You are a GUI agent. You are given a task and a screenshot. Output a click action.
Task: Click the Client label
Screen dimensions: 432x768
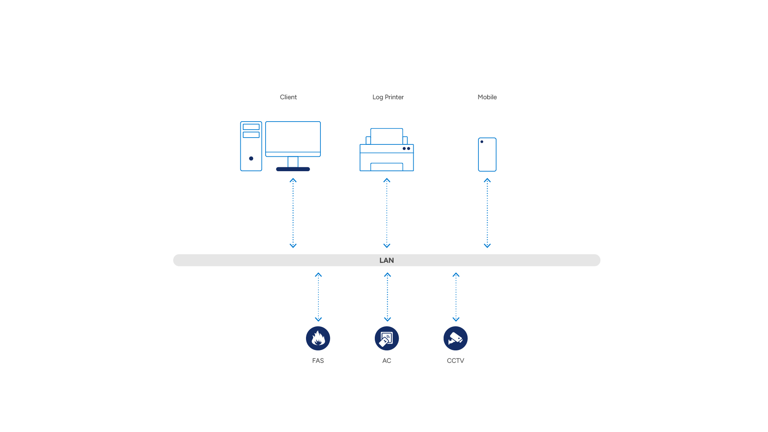point(288,97)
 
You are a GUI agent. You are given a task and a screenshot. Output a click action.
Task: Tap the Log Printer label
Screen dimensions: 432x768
point(388,97)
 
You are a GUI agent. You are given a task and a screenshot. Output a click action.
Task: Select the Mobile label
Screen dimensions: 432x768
point(487,97)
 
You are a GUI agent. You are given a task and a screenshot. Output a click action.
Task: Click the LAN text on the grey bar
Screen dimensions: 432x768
point(386,260)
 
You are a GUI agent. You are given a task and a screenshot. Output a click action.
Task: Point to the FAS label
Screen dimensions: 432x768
point(318,361)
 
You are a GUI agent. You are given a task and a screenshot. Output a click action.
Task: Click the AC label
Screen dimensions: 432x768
point(386,361)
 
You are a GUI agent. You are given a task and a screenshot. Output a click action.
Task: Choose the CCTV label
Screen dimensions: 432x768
point(455,361)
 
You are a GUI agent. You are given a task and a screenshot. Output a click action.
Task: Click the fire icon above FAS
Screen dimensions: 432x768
point(318,338)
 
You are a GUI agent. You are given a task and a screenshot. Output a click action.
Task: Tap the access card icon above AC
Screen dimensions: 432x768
point(387,338)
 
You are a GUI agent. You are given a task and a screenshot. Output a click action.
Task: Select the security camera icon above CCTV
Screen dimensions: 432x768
point(456,338)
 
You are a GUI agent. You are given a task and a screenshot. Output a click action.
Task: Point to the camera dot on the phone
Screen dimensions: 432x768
point(482,142)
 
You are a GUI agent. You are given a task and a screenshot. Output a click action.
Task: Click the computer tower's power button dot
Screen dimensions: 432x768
point(251,158)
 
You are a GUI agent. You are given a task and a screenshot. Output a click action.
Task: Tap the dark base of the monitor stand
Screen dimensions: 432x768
point(293,169)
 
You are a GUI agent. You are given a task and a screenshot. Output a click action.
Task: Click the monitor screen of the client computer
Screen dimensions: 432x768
point(293,137)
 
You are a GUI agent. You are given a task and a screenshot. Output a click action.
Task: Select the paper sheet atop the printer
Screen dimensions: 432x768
point(386,136)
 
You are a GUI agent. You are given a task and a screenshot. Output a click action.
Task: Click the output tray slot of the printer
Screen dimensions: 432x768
point(386,167)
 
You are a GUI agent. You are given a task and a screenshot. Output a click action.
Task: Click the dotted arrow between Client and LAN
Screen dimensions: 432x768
point(293,213)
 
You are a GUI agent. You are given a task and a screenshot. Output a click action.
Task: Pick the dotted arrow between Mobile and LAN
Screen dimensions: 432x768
point(487,213)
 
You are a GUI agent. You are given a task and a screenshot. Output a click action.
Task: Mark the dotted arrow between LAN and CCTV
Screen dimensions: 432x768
point(456,297)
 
